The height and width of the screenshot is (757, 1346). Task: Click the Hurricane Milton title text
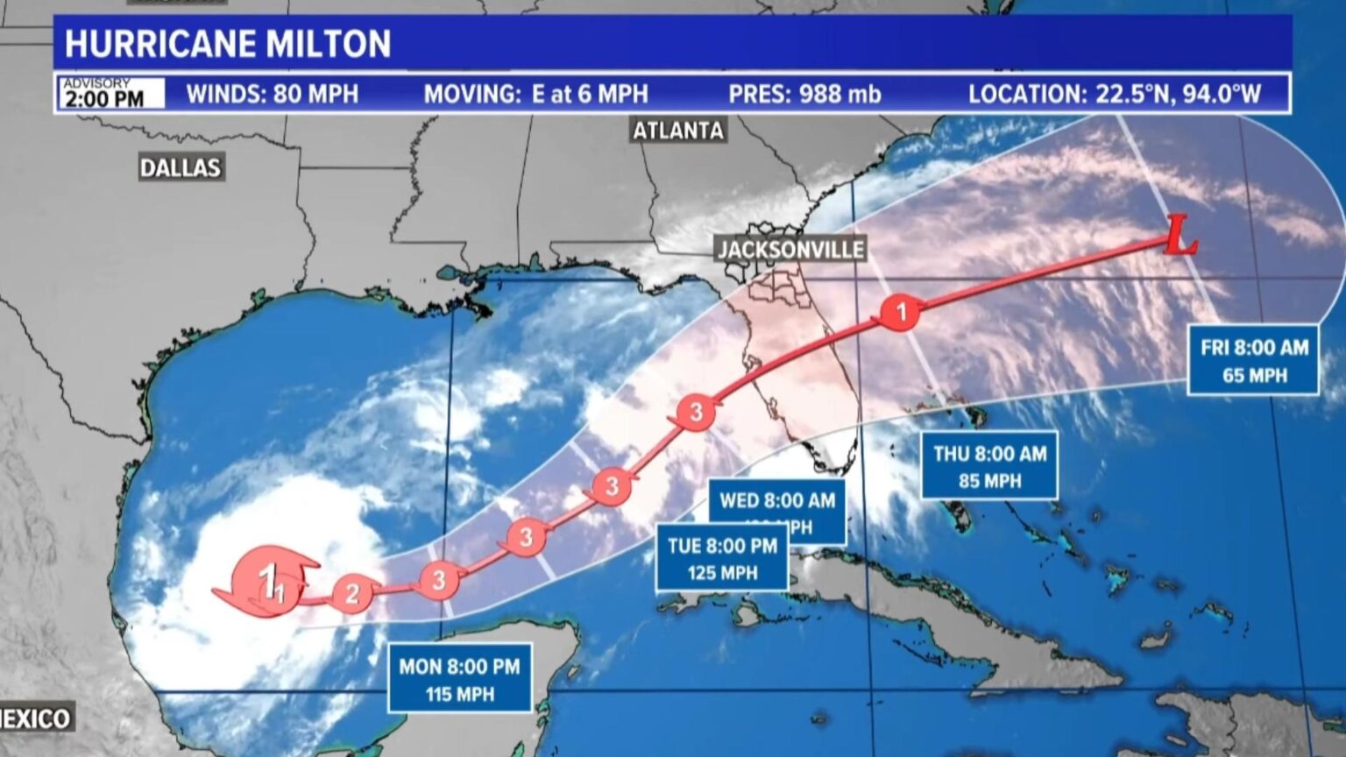(228, 44)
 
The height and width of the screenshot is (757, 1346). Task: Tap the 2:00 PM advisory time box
(111, 94)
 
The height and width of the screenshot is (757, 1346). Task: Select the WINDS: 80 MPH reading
(273, 95)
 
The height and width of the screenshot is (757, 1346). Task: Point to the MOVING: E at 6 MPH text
(535, 95)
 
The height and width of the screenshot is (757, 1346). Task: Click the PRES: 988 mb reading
(804, 95)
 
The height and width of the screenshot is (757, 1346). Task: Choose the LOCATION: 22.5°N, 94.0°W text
(1114, 95)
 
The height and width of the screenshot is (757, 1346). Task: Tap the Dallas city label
(181, 167)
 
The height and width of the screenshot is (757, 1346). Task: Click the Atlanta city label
(678, 131)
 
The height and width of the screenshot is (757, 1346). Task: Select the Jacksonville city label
(790, 249)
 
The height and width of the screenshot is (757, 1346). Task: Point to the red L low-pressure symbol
(1180, 238)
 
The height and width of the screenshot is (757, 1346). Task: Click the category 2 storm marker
(351, 594)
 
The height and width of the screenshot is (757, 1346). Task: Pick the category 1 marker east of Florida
(900, 311)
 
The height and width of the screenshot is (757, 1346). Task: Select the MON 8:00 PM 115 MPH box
(460, 680)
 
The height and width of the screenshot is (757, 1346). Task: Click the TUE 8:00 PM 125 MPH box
(722, 559)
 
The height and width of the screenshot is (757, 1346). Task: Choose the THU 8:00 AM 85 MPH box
(989, 466)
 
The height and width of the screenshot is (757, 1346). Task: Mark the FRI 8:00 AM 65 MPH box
(1254, 360)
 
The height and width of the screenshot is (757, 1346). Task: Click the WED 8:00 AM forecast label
(777, 500)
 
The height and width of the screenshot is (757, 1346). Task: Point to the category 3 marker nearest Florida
(696, 412)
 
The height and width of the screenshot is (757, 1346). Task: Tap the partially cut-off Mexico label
(35, 718)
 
